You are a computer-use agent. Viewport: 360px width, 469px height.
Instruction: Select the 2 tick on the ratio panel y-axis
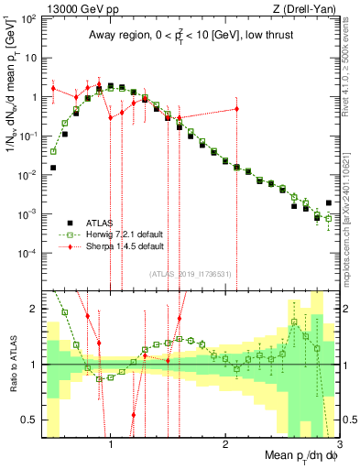tap(32, 309)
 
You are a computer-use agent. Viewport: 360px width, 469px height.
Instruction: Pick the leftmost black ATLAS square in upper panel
tap(54, 168)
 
